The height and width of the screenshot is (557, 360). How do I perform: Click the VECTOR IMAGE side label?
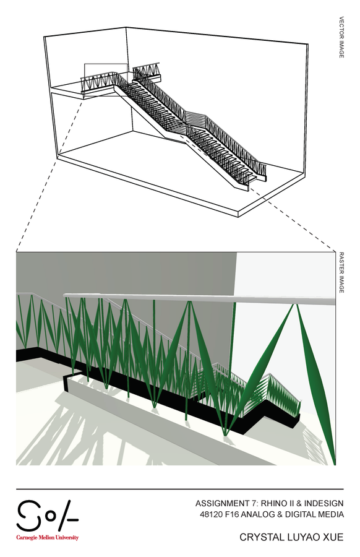point(341,37)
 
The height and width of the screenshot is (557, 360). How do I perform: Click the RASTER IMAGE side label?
point(341,272)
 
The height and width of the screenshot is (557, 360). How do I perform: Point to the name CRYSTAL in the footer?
point(258,537)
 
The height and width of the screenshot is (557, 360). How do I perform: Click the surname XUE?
point(333,537)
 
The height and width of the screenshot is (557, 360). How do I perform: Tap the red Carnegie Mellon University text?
point(47,537)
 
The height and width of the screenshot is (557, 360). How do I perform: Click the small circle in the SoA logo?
point(51,516)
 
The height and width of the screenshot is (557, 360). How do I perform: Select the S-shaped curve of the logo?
point(28,515)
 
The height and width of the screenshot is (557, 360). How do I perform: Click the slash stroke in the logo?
point(65,515)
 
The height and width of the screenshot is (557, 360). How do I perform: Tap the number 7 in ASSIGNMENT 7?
point(253,503)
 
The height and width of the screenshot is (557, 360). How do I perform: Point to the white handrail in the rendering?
point(199,298)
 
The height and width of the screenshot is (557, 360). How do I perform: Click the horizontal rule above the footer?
point(180,489)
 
